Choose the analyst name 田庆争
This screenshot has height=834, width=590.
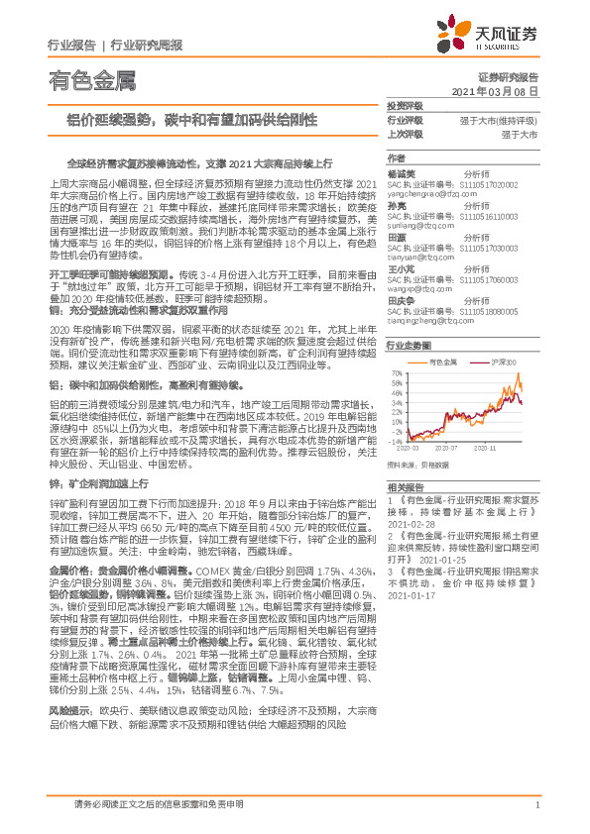[x=400, y=300]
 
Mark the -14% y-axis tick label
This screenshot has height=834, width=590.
[x=396, y=440]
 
